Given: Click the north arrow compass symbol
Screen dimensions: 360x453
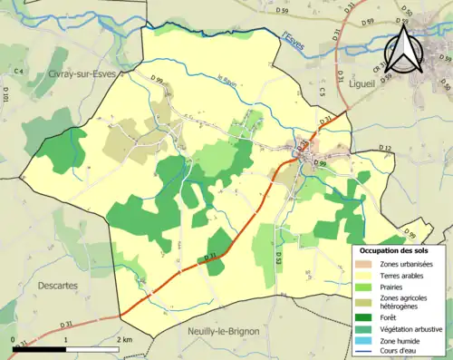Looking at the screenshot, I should click(x=404, y=50).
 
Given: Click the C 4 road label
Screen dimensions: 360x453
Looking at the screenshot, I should click(x=17, y=71).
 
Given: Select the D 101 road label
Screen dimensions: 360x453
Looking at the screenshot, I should click(x=5, y=94).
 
